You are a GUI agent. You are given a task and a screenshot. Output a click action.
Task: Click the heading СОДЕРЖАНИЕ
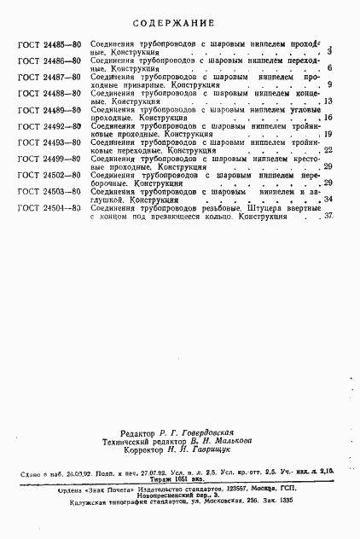click(x=179, y=21)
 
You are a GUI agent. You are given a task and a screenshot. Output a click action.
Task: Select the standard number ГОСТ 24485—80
click(x=48, y=42)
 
